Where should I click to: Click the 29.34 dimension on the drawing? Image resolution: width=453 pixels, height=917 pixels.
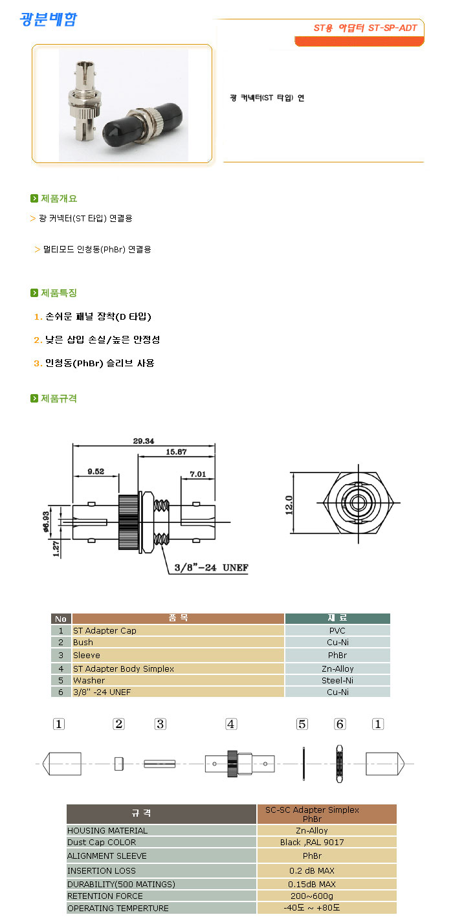coord(143,441)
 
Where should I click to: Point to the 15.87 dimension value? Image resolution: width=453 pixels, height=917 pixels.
coord(176,452)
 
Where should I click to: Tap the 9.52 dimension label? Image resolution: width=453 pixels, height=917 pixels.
coord(96,472)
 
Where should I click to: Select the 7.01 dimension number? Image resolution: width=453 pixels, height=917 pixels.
coord(197,474)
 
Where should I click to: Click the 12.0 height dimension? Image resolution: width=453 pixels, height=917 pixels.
coord(289,505)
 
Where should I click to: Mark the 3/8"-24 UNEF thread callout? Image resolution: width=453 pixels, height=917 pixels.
coord(211,568)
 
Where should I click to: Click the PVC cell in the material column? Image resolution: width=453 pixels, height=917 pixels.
coord(337,630)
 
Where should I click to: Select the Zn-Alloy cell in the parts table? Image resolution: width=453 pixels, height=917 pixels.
coord(338,668)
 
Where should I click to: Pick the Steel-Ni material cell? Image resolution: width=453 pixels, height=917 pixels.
coord(338,680)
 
